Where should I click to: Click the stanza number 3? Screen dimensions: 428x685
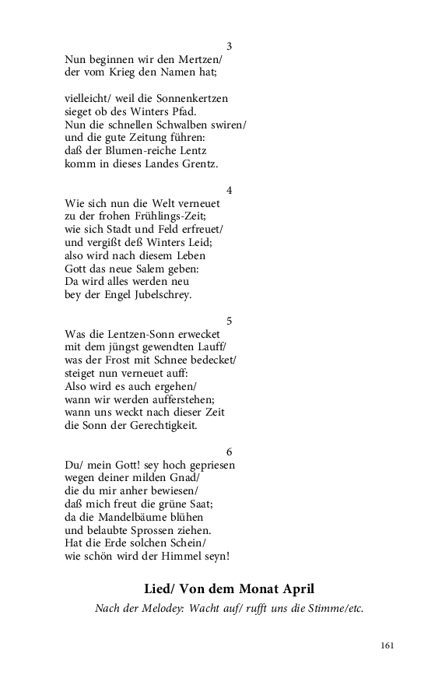click(x=229, y=46)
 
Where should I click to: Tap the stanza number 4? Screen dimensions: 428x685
click(x=229, y=190)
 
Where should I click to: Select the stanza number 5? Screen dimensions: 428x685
click(x=229, y=321)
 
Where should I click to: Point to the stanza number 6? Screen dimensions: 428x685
click(x=229, y=451)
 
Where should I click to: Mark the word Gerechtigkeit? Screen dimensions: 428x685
click(x=158, y=426)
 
